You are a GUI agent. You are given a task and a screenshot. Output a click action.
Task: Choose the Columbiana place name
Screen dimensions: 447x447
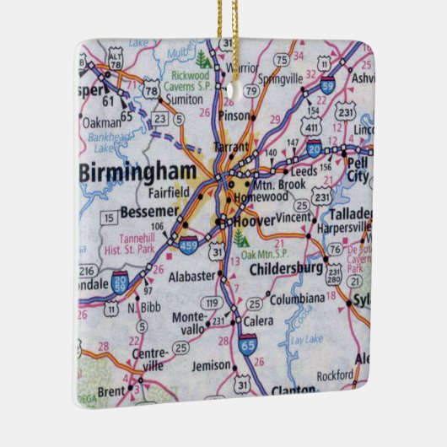[x=297, y=298]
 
